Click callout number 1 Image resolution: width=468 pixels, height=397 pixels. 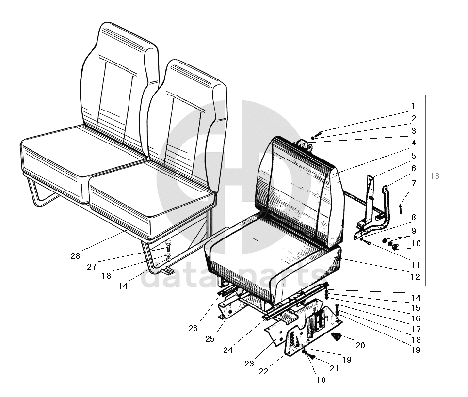tap(413, 106)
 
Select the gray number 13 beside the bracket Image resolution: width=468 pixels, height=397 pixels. tap(435, 176)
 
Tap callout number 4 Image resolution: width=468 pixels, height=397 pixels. tap(413, 143)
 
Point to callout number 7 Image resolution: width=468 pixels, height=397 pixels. tap(413, 183)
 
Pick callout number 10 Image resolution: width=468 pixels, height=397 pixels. tap(416, 243)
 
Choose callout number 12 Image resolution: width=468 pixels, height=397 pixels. tap(415, 277)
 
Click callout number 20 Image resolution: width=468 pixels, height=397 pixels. tap(360, 345)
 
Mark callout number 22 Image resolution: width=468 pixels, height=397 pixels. tap(263, 372)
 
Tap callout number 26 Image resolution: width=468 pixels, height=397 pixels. tap(193, 328)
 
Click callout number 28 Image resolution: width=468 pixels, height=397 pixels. tap(75, 256)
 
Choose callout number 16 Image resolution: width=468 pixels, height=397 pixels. tap(416, 318)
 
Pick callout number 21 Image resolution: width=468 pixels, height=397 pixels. tap(334, 369)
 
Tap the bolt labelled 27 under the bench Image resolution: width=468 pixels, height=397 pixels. tap(168, 243)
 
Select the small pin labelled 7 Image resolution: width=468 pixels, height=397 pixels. tap(401, 208)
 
